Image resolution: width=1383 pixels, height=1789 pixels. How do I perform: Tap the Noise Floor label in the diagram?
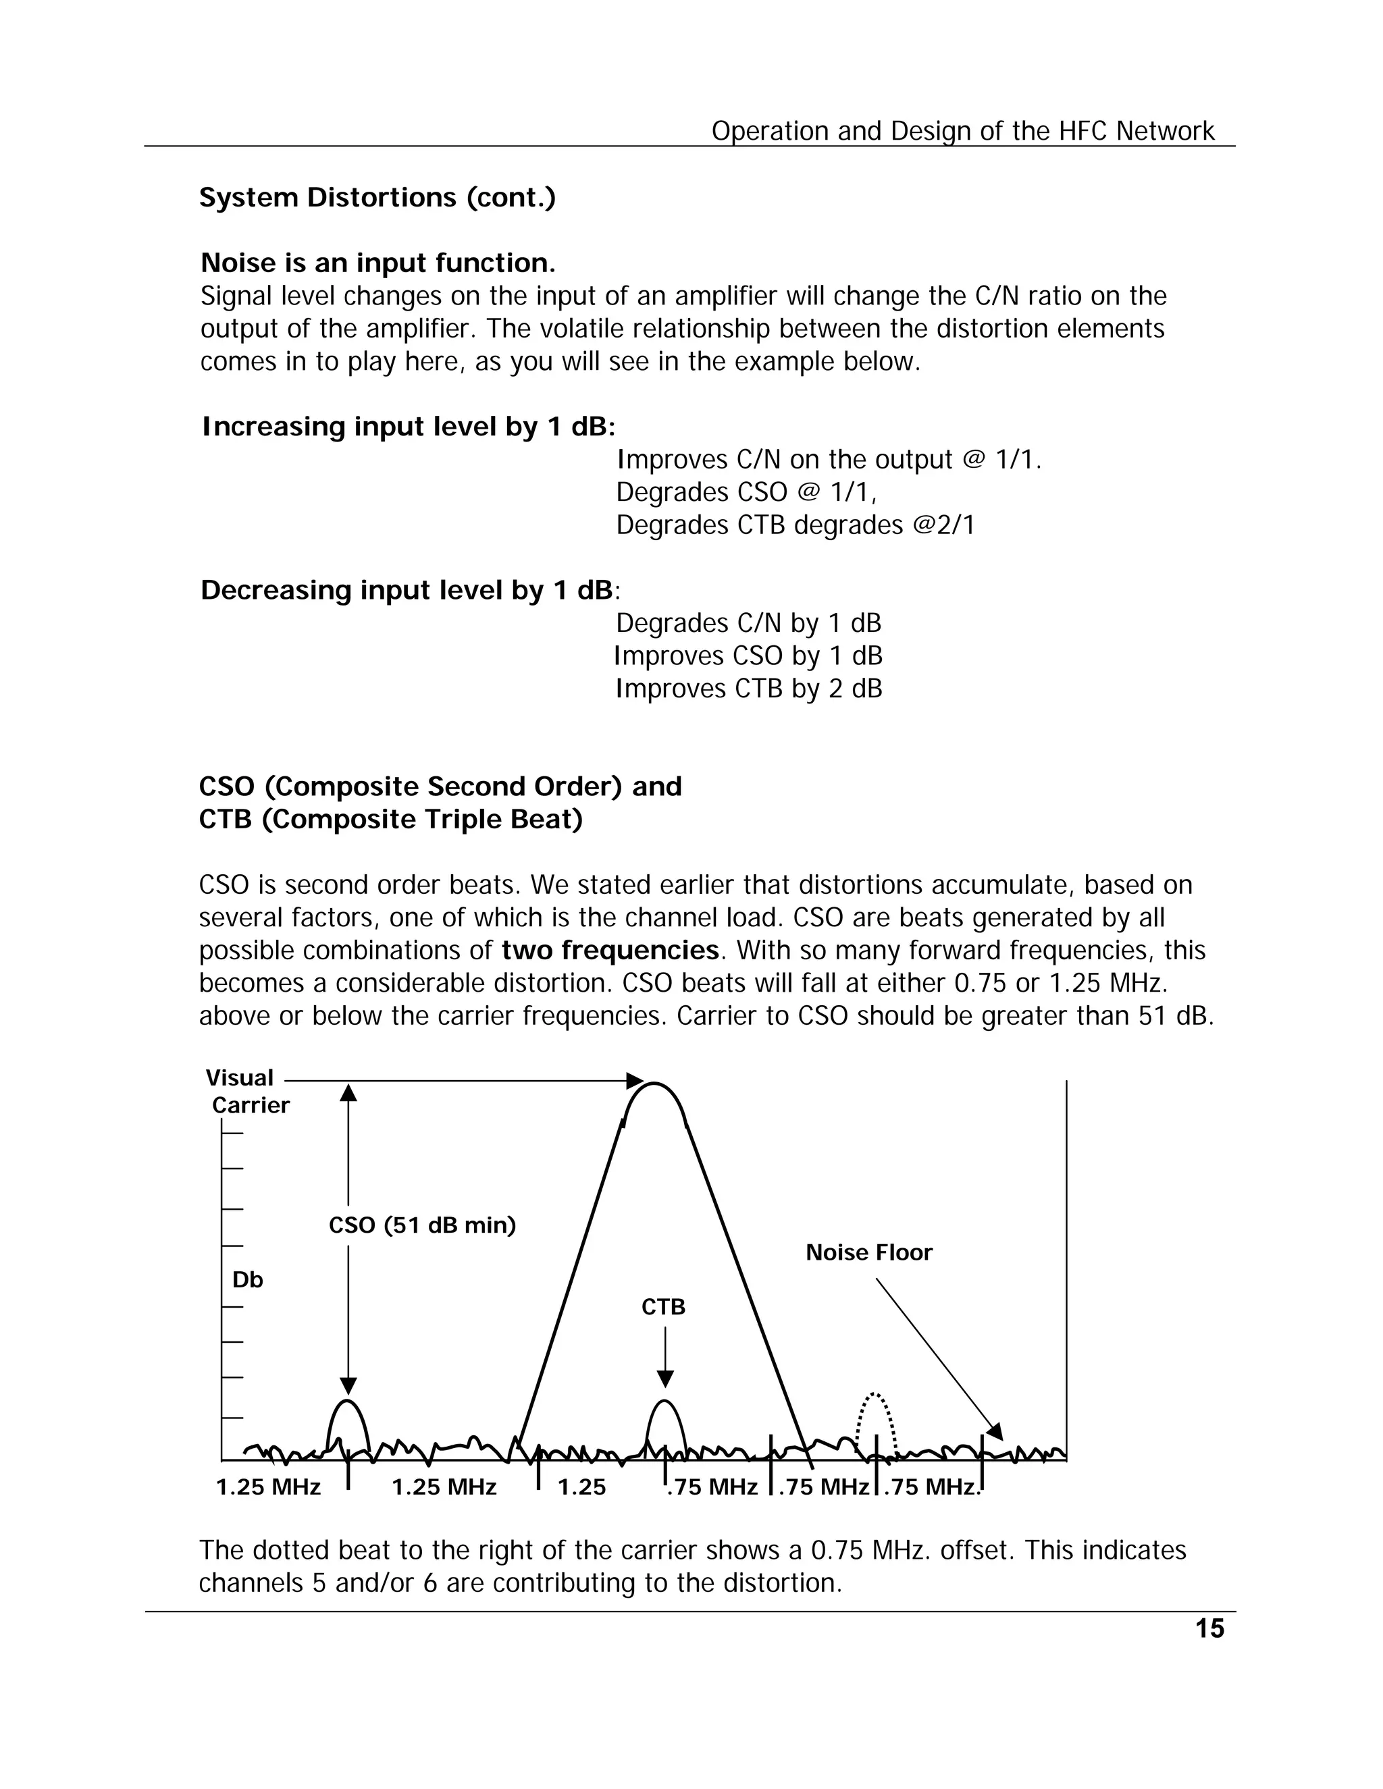tap(868, 1252)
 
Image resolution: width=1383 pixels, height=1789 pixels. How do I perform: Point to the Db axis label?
tap(247, 1279)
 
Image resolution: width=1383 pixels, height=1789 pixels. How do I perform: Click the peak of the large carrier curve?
tap(654, 1086)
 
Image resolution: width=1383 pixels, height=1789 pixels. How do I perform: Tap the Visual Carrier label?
tap(246, 1091)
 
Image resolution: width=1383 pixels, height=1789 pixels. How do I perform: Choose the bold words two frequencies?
tap(610, 951)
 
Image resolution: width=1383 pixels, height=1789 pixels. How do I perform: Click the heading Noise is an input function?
tap(377, 263)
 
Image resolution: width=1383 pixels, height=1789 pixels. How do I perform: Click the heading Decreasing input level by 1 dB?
tap(407, 590)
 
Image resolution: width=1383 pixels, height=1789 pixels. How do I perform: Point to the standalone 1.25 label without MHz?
tap(581, 1487)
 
